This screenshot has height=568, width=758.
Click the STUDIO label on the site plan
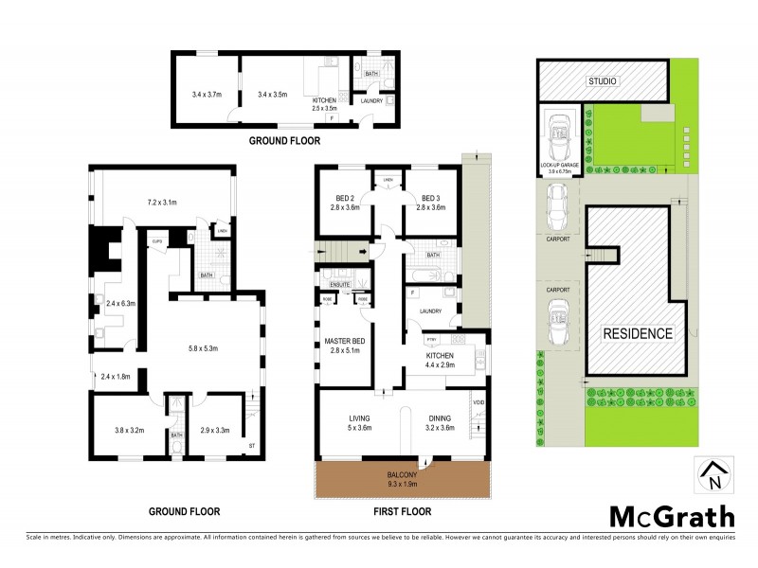pos(603,81)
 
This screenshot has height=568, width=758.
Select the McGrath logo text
pos(671,516)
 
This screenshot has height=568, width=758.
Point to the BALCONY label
pos(402,476)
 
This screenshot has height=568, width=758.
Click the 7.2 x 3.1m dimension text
pos(163,203)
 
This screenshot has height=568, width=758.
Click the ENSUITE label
pos(341,283)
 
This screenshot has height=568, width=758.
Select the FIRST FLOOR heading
pos(403,511)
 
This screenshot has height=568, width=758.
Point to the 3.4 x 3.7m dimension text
pos(207,95)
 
